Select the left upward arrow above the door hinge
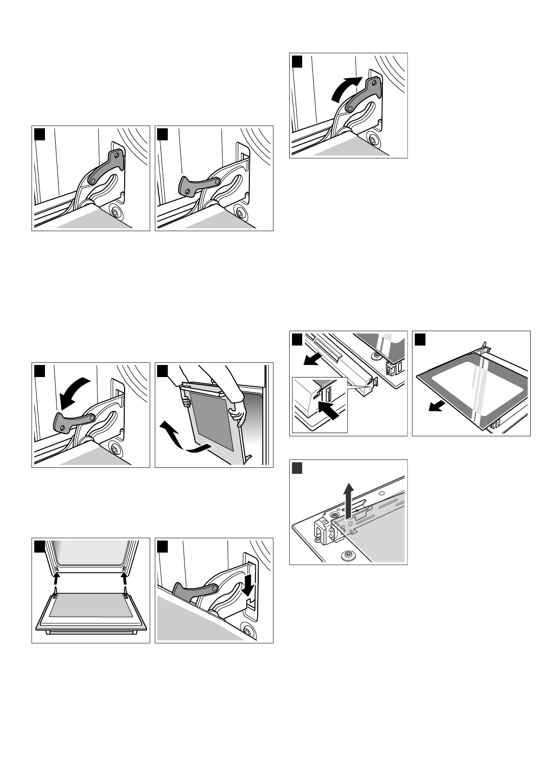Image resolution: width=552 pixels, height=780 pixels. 56,578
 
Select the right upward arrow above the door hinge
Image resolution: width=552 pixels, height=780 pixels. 124,578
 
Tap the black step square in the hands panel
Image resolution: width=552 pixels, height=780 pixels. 163,371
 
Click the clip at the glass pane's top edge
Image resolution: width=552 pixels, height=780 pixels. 483,346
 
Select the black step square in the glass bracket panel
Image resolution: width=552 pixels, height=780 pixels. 297,468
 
